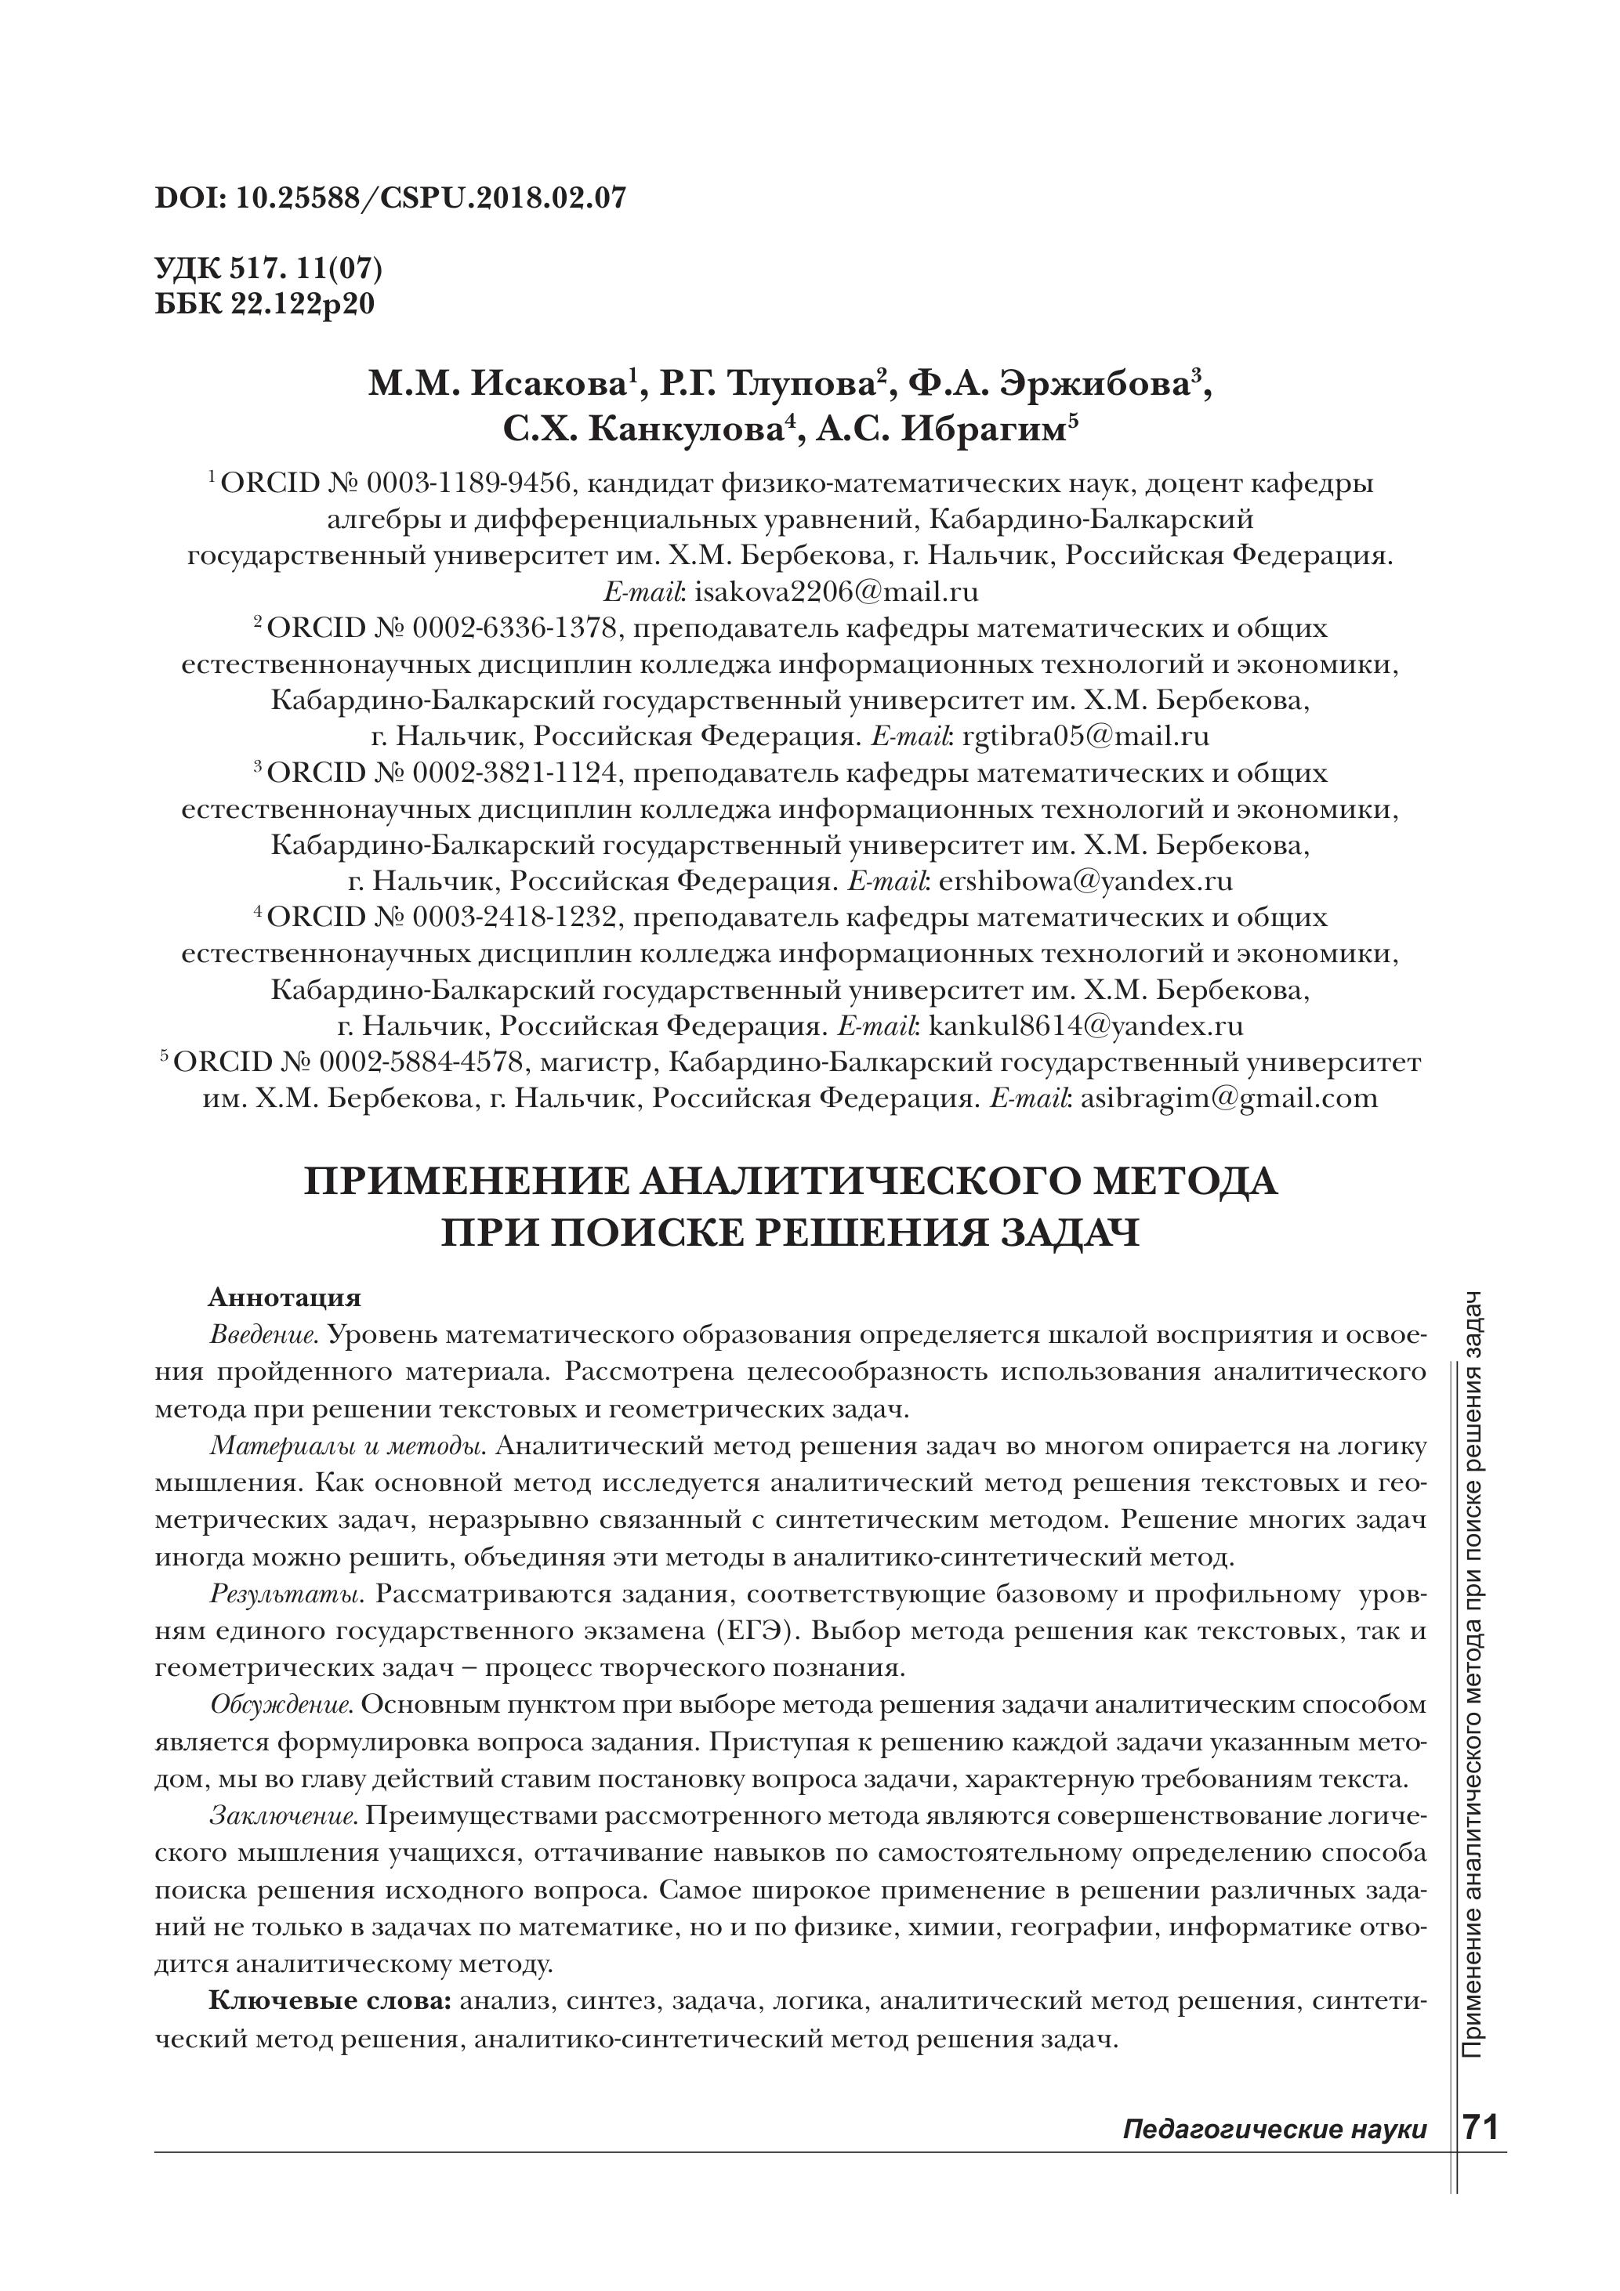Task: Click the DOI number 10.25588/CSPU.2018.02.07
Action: [431, 197]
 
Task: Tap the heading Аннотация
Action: [284, 1298]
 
